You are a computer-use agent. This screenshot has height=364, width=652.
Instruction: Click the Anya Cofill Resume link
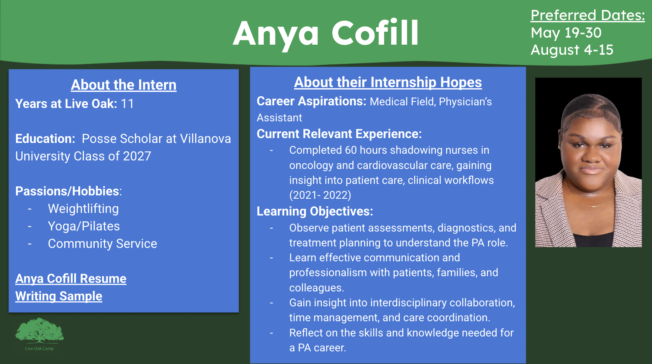(71, 279)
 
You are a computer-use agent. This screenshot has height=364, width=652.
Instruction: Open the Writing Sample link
(59, 296)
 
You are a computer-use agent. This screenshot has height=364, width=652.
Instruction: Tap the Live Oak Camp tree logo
(39, 331)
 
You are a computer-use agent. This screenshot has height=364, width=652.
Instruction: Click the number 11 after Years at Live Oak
(127, 104)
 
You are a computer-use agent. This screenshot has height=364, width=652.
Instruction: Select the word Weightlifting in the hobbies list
(83, 209)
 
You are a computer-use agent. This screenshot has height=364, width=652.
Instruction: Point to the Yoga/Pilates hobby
(84, 226)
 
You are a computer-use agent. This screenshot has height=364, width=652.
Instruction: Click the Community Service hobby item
(102, 244)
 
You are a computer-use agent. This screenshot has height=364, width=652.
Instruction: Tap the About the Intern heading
(124, 85)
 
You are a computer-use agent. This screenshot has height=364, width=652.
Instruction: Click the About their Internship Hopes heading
(388, 82)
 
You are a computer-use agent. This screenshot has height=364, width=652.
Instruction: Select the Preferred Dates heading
(588, 16)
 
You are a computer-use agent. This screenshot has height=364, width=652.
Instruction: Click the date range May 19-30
(566, 33)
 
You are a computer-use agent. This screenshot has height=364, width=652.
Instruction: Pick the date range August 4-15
(572, 50)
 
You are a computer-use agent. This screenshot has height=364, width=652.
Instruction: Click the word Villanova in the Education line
(205, 139)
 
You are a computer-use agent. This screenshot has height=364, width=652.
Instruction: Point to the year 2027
(137, 156)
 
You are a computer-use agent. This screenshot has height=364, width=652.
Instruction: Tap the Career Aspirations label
(311, 101)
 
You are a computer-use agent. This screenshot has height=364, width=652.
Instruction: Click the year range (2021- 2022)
(320, 195)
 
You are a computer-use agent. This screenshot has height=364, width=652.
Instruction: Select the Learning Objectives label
(315, 211)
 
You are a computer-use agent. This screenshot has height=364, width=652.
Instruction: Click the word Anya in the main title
(276, 33)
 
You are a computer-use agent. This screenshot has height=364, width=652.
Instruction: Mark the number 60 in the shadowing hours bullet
(351, 150)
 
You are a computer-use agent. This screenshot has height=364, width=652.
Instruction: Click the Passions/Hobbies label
(67, 191)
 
